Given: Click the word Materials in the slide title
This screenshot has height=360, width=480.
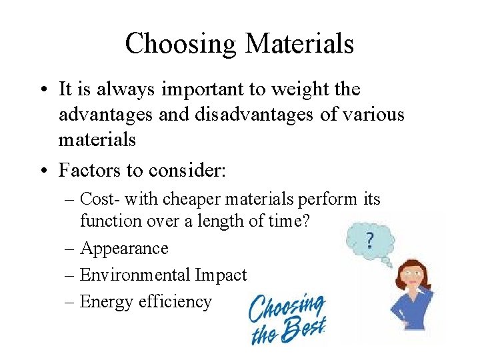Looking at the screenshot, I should tap(299, 44).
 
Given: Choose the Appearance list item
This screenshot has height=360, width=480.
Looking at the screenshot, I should tap(124, 249).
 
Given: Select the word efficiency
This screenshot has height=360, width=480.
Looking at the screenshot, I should tap(175, 302).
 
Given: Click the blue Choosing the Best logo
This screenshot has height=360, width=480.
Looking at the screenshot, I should tap(287, 319).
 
